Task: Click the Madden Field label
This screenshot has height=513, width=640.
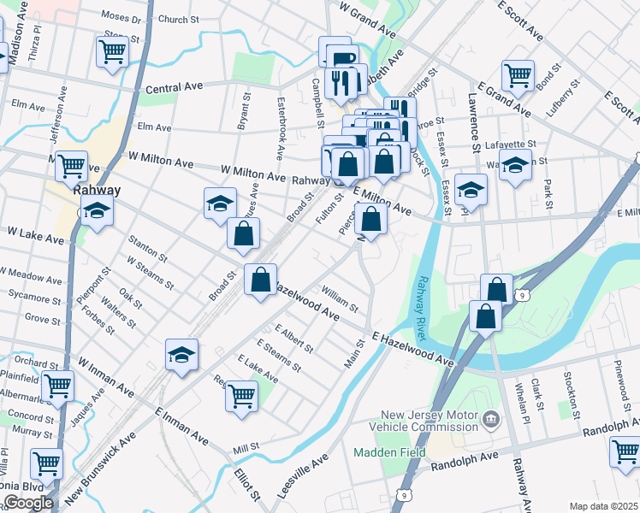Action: point(381,450)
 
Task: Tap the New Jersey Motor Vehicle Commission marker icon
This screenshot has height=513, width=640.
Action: point(490,419)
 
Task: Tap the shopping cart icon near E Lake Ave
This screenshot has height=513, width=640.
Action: point(242,395)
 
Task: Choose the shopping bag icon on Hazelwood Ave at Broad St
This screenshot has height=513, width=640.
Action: point(260,279)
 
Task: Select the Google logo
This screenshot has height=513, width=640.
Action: point(28,502)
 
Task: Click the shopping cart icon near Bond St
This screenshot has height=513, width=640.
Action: point(518,75)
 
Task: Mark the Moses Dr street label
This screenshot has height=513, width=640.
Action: point(121,17)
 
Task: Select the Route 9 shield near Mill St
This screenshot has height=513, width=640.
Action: point(402,494)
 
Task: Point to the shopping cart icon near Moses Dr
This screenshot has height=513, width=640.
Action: point(112,51)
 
